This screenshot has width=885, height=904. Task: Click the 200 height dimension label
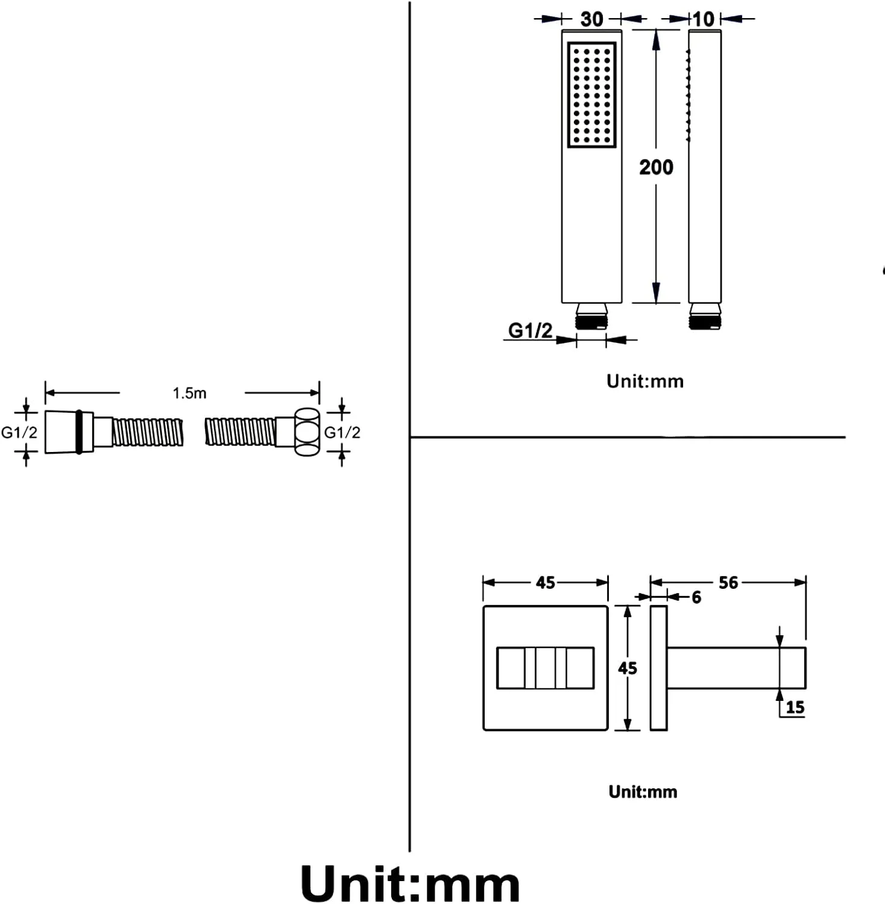(x=656, y=167)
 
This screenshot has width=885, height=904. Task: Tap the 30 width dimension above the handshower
(x=591, y=19)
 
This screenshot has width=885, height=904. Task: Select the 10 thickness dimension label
(x=703, y=19)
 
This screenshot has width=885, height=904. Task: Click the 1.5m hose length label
(x=189, y=394)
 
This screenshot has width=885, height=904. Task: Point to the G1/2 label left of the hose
(x=19, y=432)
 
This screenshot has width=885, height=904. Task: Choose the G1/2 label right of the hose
(x=342, y=432)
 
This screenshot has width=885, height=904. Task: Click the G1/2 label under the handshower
(x=530, y=330)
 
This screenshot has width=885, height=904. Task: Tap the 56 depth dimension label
(x=728, y=582)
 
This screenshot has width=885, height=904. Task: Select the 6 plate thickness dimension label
(x=696, y=597)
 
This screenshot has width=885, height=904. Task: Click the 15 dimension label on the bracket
(x=795, y=707)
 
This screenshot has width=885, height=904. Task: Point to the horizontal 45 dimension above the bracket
(x=545, y=582)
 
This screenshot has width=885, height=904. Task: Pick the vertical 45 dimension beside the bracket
(x=627, y=668)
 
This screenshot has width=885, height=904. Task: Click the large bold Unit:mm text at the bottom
(x=410, y=884)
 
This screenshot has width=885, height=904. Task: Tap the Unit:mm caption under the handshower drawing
(x=644, y=381)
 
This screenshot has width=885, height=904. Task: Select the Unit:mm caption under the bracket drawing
(x=643, y=791)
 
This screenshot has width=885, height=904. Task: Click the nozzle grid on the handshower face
(x=591, y=94)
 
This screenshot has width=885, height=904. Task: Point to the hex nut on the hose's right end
(x=307, y=432)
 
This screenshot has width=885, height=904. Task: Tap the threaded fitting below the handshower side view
(x=705, y=316)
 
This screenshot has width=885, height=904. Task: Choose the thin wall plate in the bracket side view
(x=658, y=668)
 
